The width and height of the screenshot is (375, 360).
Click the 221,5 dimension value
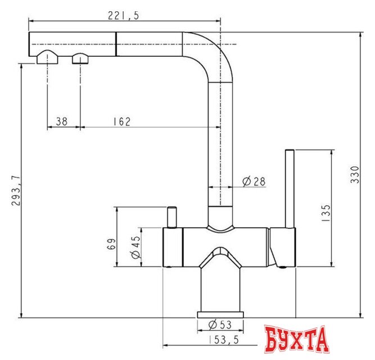[x=123, y=16]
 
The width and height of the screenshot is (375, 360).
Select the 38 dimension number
[x=62, y=121]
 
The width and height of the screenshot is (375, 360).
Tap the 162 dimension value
[x=122, y=121]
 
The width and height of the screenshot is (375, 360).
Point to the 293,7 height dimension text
[x=16, y=190]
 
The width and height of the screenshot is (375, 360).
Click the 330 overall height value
[x=355, y=175]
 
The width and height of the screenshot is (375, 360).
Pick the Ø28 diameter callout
[x=254, y=182]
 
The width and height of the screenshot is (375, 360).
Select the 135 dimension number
[x=326, y=213]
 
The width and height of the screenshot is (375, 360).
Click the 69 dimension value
[x=111, y=244]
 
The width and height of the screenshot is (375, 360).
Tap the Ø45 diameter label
[x=135, y=247]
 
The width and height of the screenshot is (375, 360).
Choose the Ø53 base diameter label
[x=220, y=325]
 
